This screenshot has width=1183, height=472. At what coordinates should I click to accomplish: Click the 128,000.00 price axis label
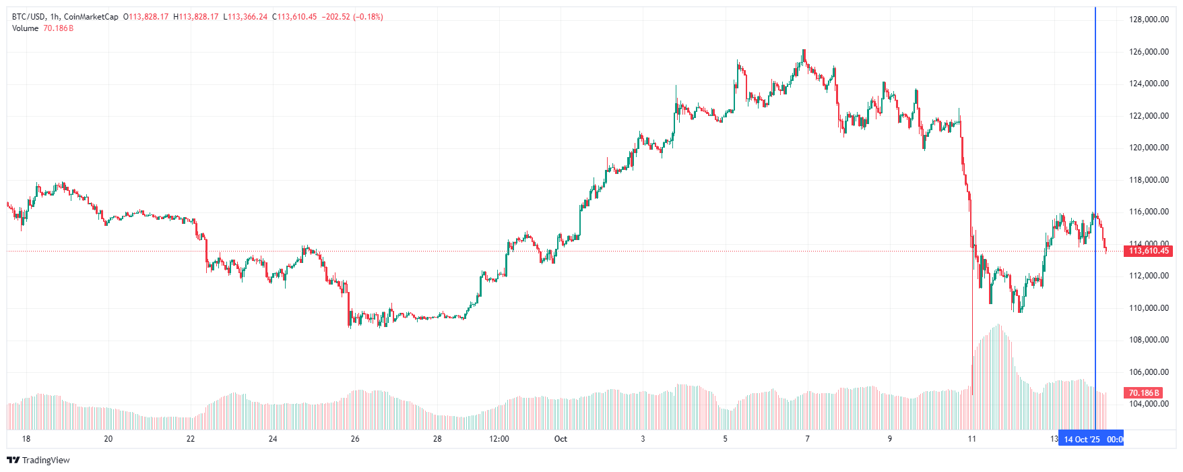click(1149, 20)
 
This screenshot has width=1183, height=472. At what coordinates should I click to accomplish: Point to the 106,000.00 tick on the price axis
click(1149, 372)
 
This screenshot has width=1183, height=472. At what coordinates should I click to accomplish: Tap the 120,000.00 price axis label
click(1149, 148)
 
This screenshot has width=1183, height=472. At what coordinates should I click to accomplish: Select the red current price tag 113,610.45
click(1149, 251)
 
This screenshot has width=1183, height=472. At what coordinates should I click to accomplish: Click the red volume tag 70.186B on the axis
click(1144, 392)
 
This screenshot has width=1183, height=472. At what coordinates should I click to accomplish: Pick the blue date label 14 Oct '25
click(1082, 440)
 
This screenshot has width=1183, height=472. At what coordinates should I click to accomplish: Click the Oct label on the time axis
click(561, 439)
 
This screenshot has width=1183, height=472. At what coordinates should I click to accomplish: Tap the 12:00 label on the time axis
click(499, 439)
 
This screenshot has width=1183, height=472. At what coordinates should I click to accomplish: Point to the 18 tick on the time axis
click(26, 439)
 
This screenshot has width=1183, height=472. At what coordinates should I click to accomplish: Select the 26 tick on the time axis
click(355, 439)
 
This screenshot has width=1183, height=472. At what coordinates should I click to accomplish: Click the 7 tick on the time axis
click(807, 439)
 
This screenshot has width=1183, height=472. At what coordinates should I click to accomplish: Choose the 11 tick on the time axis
click(971, 439)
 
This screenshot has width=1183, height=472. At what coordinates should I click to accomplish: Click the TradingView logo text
click(46, 460)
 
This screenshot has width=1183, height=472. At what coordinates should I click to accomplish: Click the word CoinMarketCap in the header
click(91, 17)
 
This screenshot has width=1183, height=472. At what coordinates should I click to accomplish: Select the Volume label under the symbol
click(26, 28)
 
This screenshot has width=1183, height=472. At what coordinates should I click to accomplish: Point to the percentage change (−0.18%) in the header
click(368, 17)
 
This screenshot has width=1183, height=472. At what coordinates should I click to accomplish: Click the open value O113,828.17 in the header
click(146, 17)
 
